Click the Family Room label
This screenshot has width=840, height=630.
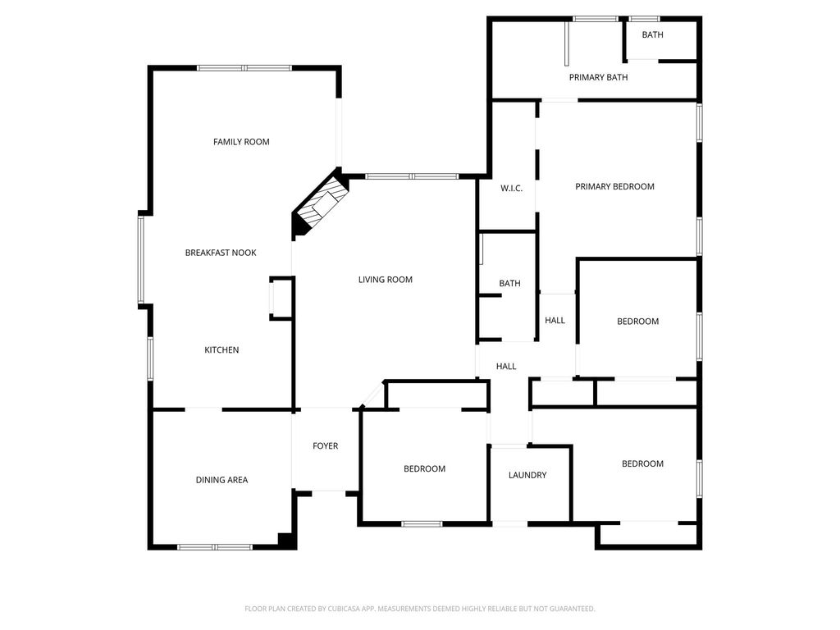point(241,142)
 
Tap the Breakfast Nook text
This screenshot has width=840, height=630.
point(221,253)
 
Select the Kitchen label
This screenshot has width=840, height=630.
point(221,349)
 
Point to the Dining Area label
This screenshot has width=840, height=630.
point(221,480)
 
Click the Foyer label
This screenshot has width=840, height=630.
point(325,445)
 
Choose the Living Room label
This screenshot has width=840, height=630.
point(386,280)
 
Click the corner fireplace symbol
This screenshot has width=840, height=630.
point(320,203)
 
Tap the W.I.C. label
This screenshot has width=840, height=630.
point(512,189)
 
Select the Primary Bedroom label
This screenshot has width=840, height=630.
point(614,186)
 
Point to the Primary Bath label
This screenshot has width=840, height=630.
point(598,77)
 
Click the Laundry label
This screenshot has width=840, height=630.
point(527,475)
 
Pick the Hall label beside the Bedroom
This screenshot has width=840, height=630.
point(555,321)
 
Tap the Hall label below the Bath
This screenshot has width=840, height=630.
point(506,367)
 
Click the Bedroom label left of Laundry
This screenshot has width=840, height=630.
point(424,468)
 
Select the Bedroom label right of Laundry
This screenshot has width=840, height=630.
point(642,464)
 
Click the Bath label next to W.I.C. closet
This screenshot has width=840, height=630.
point(509,283)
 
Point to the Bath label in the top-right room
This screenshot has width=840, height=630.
point(652,34)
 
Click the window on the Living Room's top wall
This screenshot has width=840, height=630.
point(412,176)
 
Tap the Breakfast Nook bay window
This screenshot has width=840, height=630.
point(141,259)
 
